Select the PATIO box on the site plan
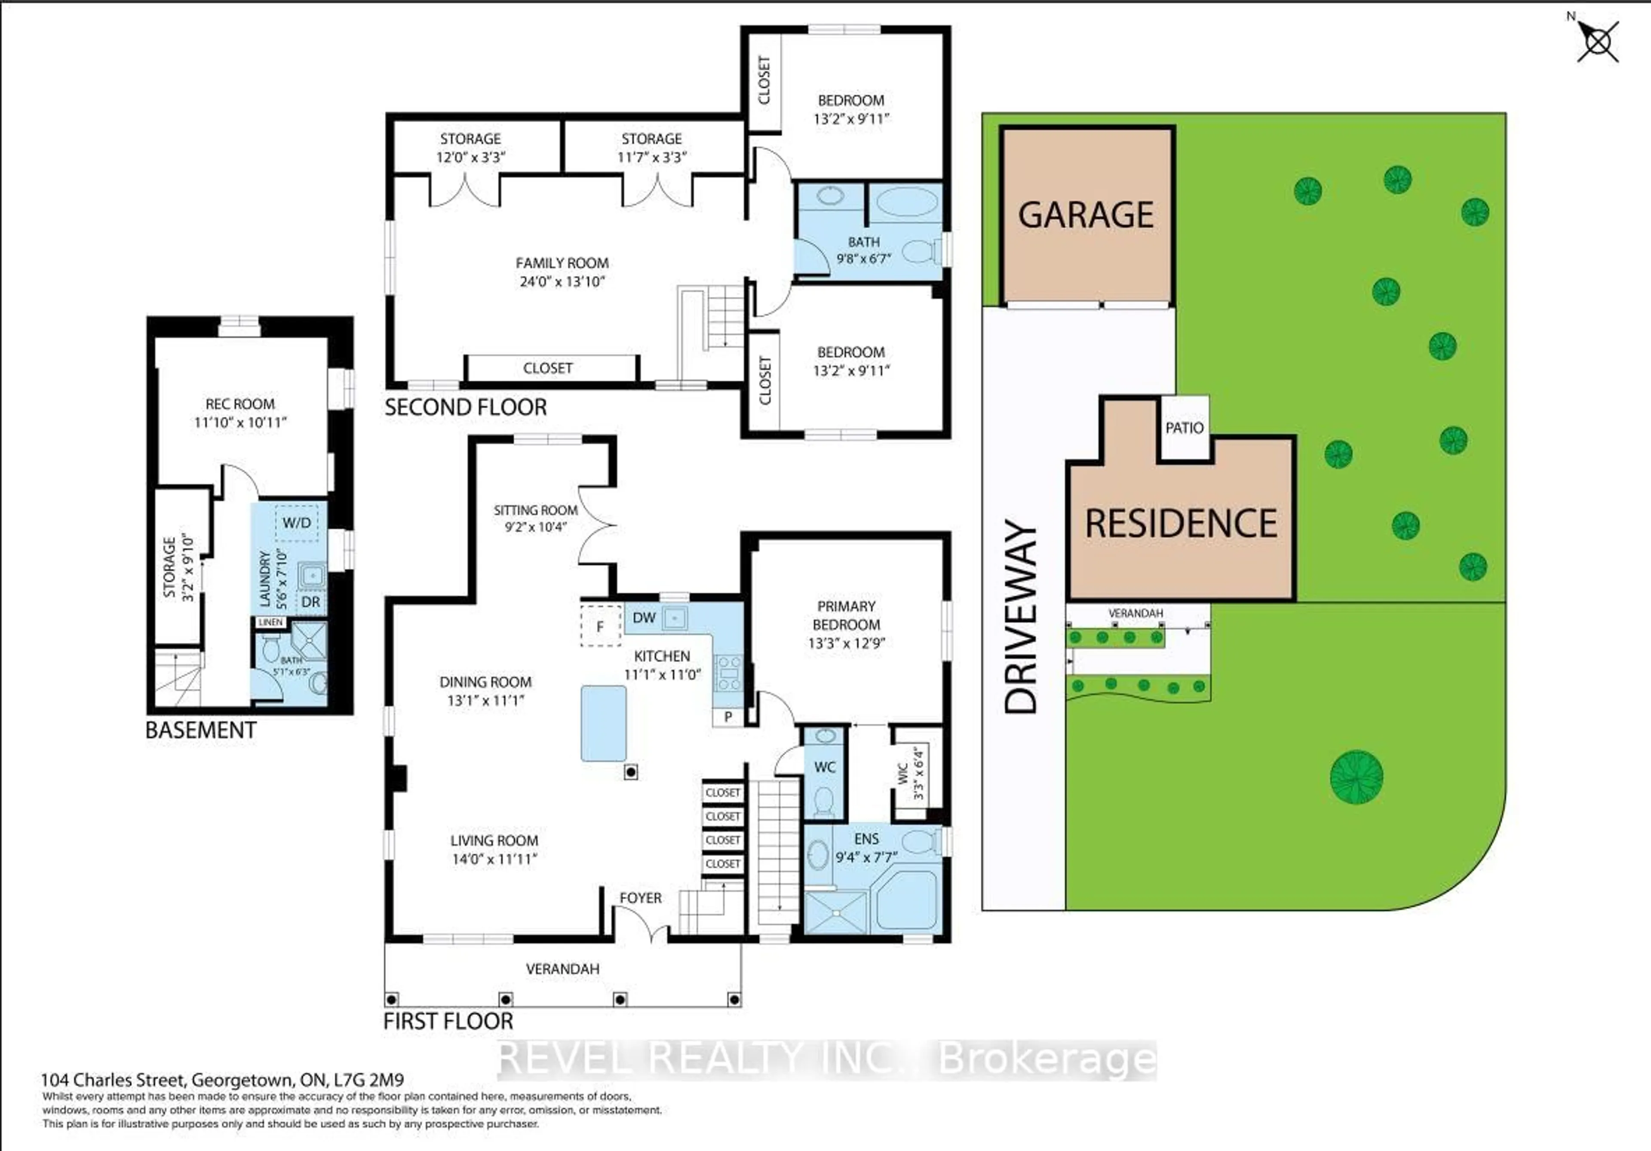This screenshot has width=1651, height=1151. (x=1184, y=428)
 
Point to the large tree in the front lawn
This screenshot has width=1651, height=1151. (x=1356, y=777)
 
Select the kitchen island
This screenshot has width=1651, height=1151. (x=603, y=722)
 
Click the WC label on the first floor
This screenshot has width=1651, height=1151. (x=824, y=767)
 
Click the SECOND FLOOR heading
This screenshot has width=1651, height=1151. (x=465, y=407)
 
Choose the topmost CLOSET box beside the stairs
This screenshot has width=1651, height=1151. (x=722, y=792)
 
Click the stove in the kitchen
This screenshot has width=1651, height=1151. (x=728, y=673)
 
